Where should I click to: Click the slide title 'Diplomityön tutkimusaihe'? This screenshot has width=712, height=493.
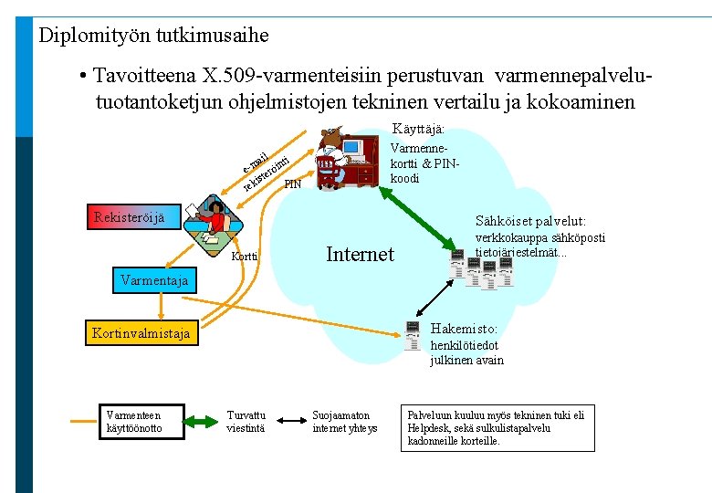click(x=153, y=36)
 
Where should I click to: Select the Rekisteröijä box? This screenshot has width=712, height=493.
click(x=130, y=217)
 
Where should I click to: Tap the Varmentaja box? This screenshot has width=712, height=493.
click(x=154, y=280)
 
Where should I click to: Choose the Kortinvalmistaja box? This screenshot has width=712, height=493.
click(x=141, y=333)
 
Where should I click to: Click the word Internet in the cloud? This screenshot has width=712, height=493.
click(x=360, y=254)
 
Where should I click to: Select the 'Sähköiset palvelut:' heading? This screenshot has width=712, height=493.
click(x=531, y=222)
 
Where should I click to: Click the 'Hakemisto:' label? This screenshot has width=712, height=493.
click(x=464, y=329)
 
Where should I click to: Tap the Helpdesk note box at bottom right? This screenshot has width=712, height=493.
click(x=497, y=427)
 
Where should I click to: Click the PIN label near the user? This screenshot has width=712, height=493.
click(x=292, y=184)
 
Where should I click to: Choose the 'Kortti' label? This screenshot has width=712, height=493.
click(x=244, y=257)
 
